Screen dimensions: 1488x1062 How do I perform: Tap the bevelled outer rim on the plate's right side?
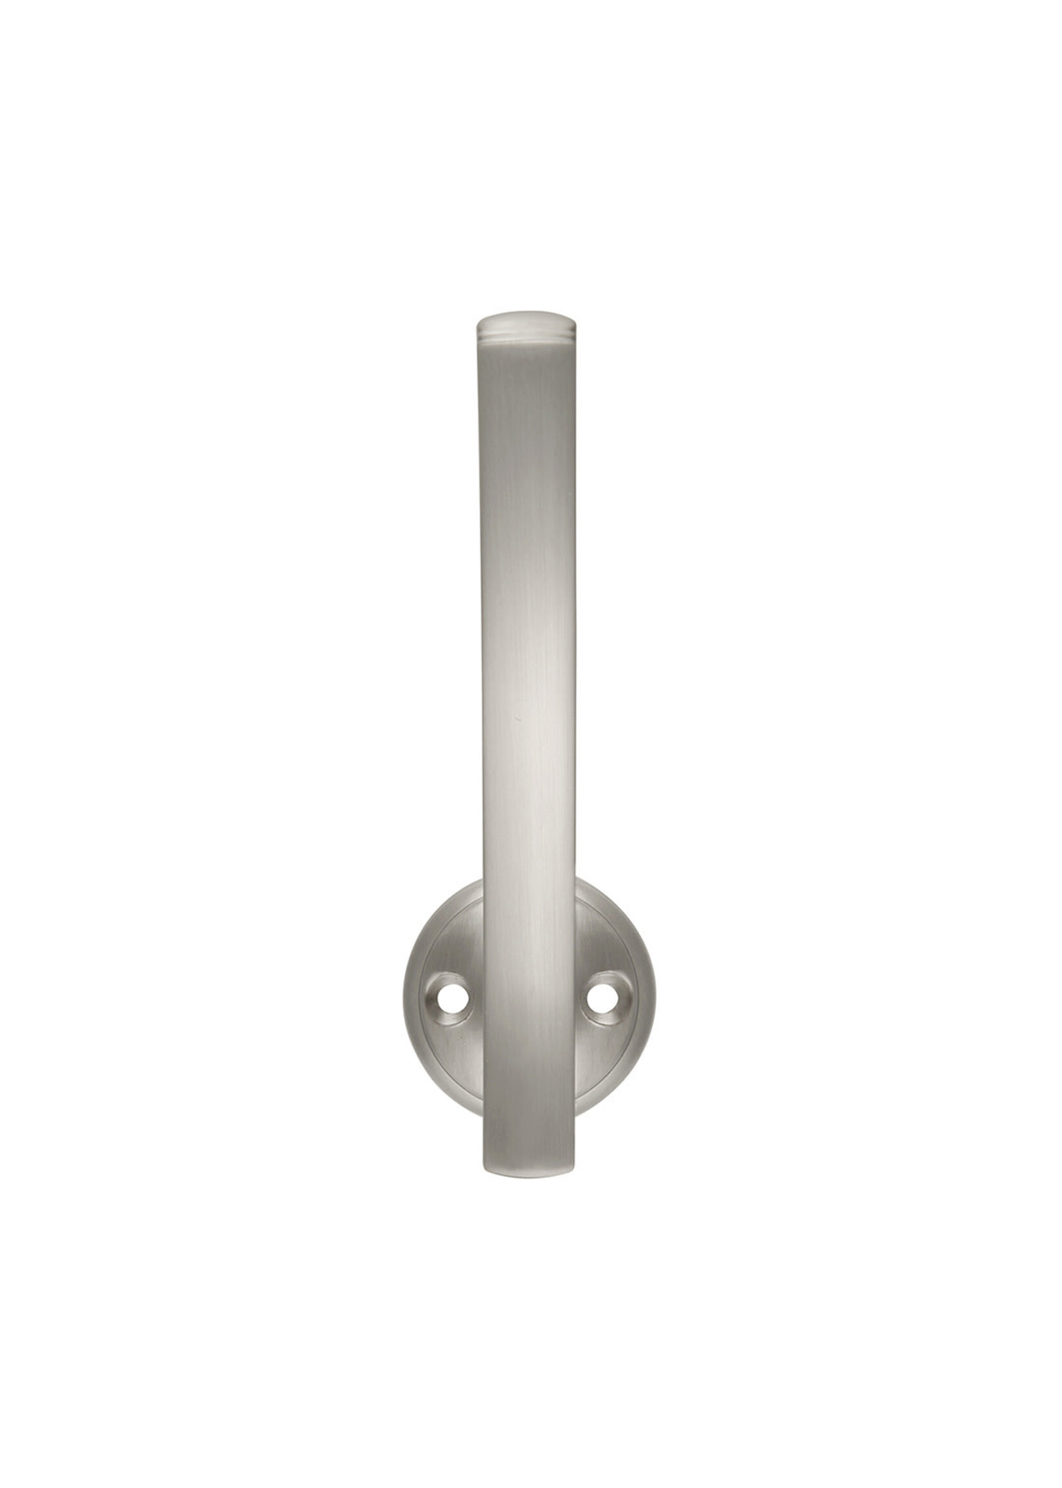click(648, 1000)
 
